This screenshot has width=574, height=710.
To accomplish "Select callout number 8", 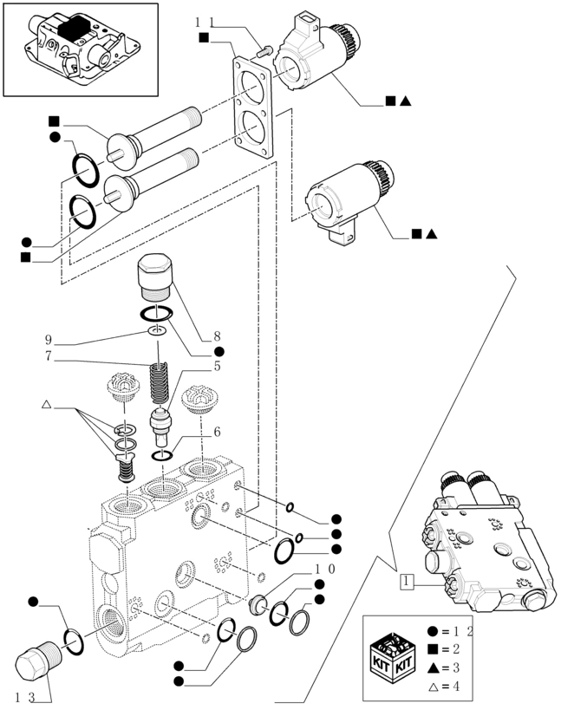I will click(218, 336).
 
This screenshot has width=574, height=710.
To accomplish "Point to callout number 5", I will click(218, 366).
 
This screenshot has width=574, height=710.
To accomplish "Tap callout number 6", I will click(218, 432).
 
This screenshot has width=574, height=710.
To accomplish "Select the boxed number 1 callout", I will click(406, 582).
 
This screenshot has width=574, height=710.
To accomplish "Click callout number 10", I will click(324, 569).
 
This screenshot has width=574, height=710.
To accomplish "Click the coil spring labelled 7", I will click(159, 382).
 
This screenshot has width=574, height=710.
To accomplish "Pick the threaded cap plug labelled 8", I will click(156, 277).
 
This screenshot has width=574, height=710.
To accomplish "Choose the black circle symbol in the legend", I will click(433, 630).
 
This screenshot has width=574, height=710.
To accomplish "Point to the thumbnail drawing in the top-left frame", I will click(81, 49).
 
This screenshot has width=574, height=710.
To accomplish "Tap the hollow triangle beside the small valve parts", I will click(47, 405).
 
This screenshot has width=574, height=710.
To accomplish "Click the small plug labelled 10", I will click(258, 603).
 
